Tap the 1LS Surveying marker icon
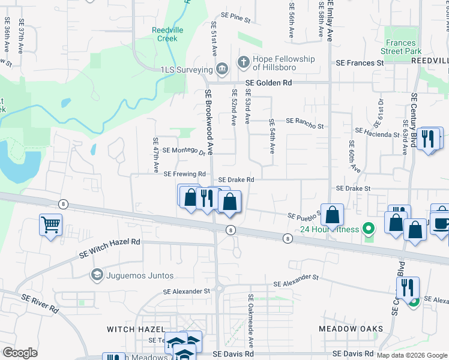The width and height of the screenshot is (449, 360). (222, 70)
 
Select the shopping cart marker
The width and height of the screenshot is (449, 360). (50, 226)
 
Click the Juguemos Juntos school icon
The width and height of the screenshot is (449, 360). (97, 275)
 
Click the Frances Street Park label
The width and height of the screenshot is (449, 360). (401, 47)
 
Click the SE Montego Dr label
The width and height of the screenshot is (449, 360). (184, 151)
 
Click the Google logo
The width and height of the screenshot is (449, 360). (20, 353)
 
